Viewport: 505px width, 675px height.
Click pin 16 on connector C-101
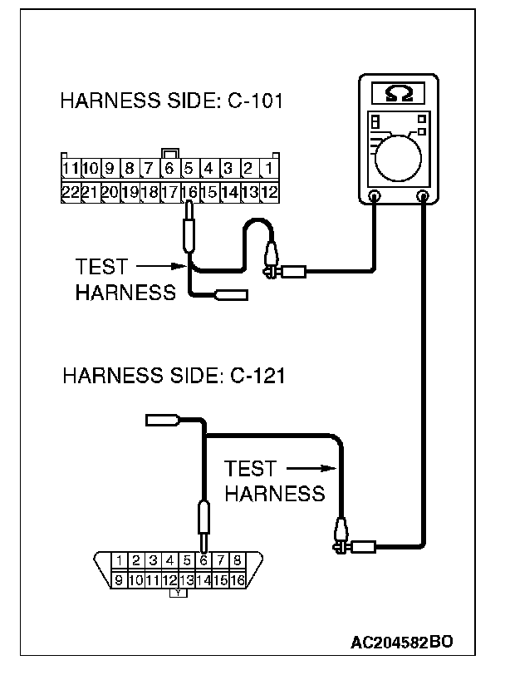(x=189, y=191)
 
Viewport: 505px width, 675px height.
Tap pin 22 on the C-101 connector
(x=70, y=191)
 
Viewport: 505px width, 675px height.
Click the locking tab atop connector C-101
(x=170, y=154)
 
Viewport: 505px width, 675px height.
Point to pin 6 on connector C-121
(x=203, y=560)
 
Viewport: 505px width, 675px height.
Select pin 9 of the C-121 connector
(x=120, y=580)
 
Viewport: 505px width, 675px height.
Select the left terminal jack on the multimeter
(x=374, y=197)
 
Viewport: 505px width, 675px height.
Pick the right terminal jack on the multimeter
(x=424, y=197)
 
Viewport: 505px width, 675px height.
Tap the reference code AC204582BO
(x=402, y=643)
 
